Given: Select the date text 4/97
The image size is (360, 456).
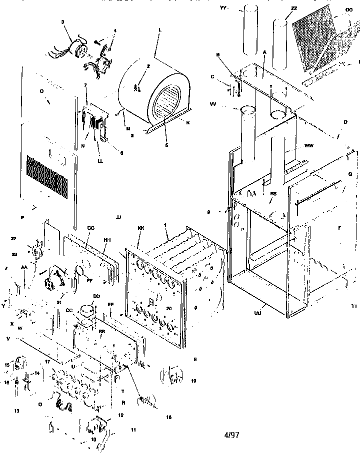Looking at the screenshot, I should (232, 435).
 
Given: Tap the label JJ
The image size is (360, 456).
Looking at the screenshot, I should (118, 218).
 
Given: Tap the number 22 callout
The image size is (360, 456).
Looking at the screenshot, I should (13, 239).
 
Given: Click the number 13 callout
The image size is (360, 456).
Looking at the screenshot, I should (16, 411).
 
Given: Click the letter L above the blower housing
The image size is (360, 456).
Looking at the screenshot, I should (159, 30).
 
